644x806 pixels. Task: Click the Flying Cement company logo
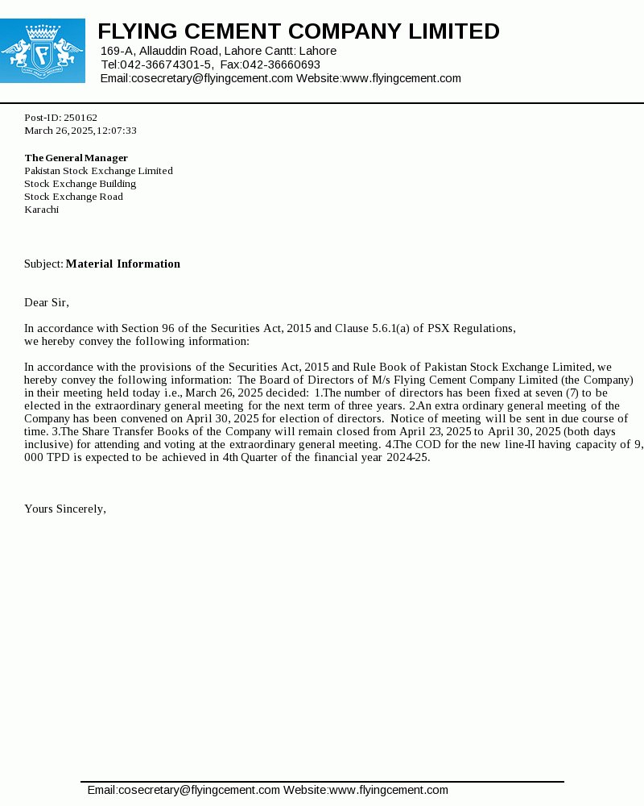pos(43,51)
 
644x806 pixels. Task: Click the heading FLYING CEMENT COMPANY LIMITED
pos(299,31)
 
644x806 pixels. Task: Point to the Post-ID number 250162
pos(80,118)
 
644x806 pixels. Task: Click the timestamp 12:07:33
pos(117,131)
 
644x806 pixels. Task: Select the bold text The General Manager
pos(76,158)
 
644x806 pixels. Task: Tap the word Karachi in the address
pos(42,210)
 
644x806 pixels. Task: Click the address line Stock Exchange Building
pos(80,184)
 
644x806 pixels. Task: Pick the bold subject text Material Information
pos(123,264)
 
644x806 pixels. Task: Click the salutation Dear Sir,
pos(47,302)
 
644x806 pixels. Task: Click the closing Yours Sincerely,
pos(65,509)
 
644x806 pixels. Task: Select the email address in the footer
pos(184,790)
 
